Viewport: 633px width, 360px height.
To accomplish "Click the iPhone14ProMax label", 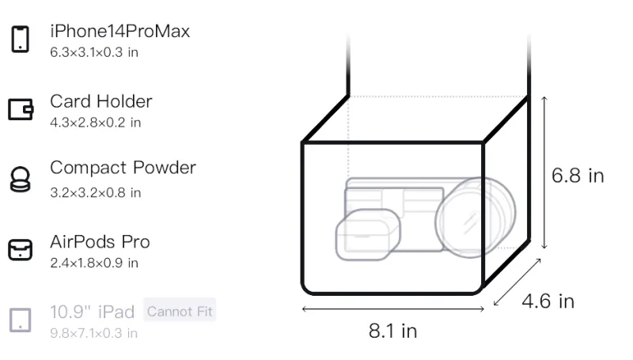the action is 120,31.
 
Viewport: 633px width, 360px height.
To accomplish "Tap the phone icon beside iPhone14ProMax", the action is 21,39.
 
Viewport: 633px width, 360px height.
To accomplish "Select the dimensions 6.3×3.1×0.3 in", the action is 94,52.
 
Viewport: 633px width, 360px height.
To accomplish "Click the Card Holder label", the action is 101,101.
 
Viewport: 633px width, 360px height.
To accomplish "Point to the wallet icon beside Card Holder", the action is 21,109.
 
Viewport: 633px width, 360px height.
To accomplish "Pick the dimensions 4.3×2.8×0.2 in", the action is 95,123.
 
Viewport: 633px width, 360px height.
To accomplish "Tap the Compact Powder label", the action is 123,168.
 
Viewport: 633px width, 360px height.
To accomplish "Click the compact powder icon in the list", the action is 20,179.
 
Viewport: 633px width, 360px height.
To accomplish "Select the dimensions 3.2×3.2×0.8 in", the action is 95,192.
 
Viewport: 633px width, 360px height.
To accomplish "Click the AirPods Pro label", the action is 100,242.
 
